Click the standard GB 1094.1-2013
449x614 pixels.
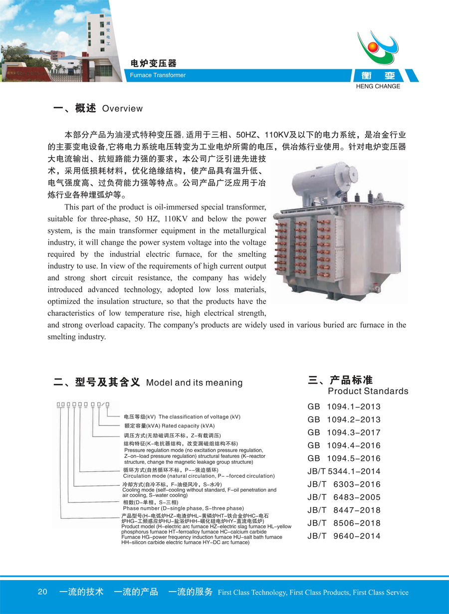pos(344,407)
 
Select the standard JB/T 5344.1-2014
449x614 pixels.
pos(344,471)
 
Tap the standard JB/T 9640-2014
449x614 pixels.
pos(344,536)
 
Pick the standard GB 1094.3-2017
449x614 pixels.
pos(344,432)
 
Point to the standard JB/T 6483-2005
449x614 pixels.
pos(344,497)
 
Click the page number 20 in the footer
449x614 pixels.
pos(42,592)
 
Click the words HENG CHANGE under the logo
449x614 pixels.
pos(379,86)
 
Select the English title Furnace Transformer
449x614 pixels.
pos(158,75)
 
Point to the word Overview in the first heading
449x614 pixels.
pos(122,109)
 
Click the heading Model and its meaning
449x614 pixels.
pos(194,383)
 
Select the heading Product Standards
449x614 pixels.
pos(368,391)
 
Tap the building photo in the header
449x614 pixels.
pos(55,40)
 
